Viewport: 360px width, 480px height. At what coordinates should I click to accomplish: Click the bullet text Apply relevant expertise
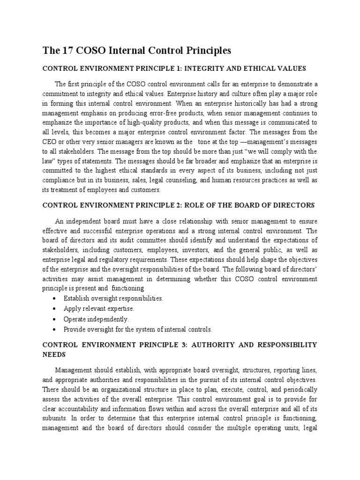[99, 308]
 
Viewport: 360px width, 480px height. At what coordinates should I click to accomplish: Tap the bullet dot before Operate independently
[57, 319]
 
